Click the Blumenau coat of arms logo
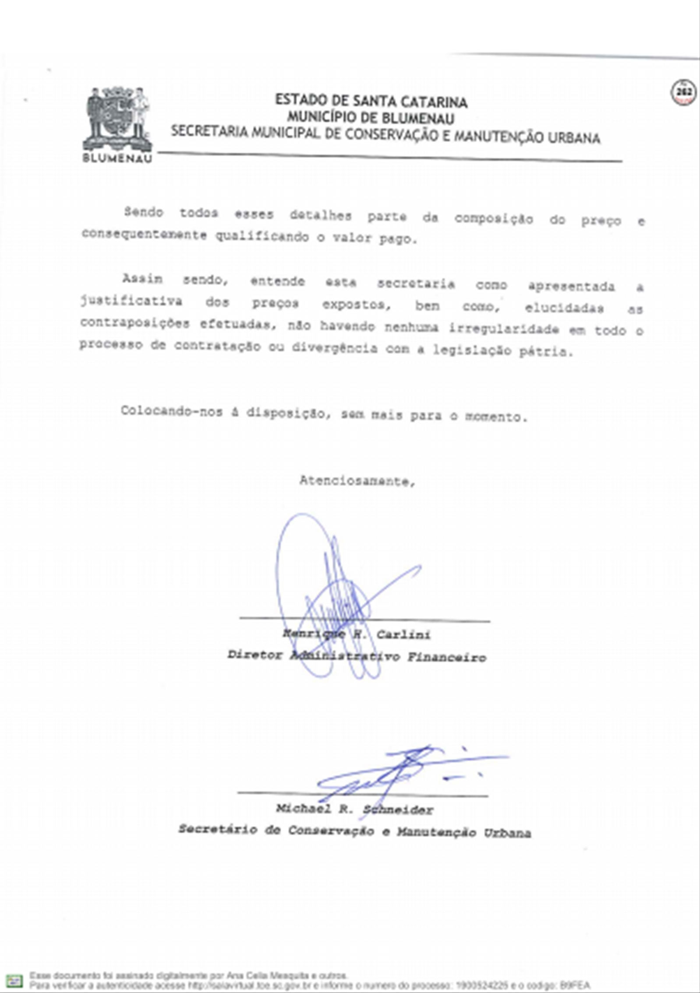pos(117,119)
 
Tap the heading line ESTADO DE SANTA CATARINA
pos(371,102)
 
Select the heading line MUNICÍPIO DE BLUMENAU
pos(371,118)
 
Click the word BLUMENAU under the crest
pos(117,158)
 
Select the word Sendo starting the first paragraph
pos(144,212)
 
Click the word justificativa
pos(131,301)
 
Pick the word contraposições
pos(135,323)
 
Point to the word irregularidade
pos(504,329)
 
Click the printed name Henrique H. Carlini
pos(356,634)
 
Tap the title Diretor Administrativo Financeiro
pos(357,657)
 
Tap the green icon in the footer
pos(15,980)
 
